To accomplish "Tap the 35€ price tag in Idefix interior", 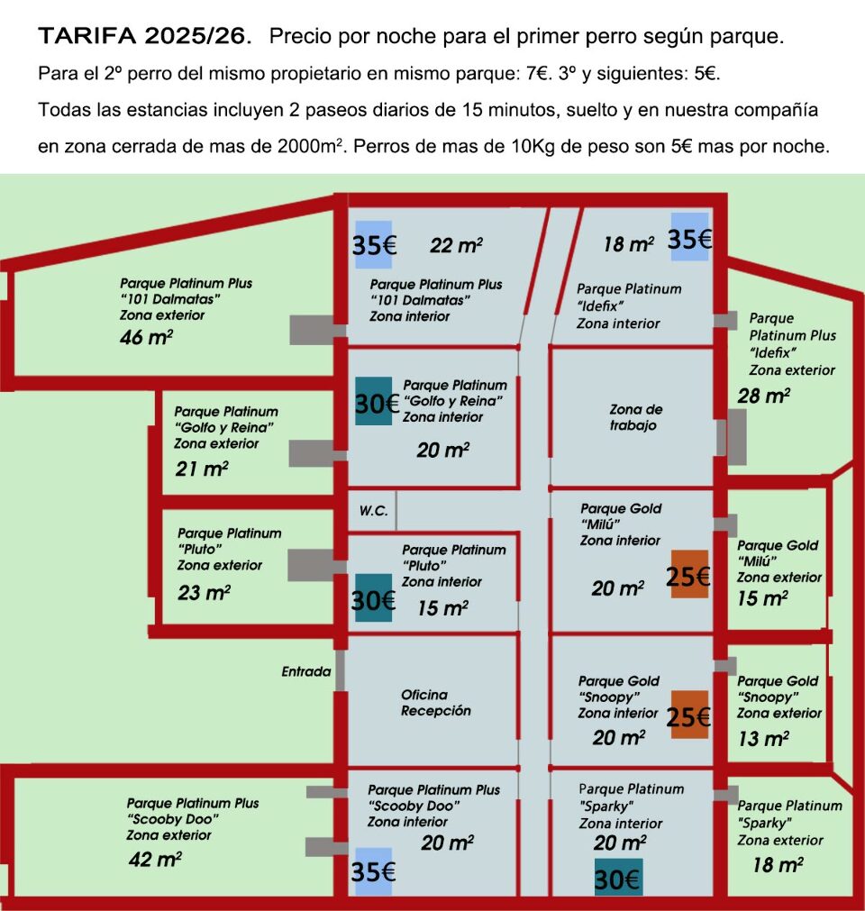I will (690, 239).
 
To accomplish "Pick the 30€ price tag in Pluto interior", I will (374, 598).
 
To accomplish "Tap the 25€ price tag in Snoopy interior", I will (689, 717).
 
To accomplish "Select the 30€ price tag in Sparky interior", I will (618, 878).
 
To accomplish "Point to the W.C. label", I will (374, 511).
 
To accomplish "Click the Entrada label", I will (305, 671).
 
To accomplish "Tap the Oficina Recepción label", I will (436, 703).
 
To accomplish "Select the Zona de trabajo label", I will (636, 417).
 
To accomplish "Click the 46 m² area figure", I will (146, 338).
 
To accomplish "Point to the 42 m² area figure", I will (154, 859).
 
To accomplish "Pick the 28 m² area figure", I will (763, 395).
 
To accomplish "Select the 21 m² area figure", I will (201, 468).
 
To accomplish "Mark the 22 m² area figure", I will (456, 245).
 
